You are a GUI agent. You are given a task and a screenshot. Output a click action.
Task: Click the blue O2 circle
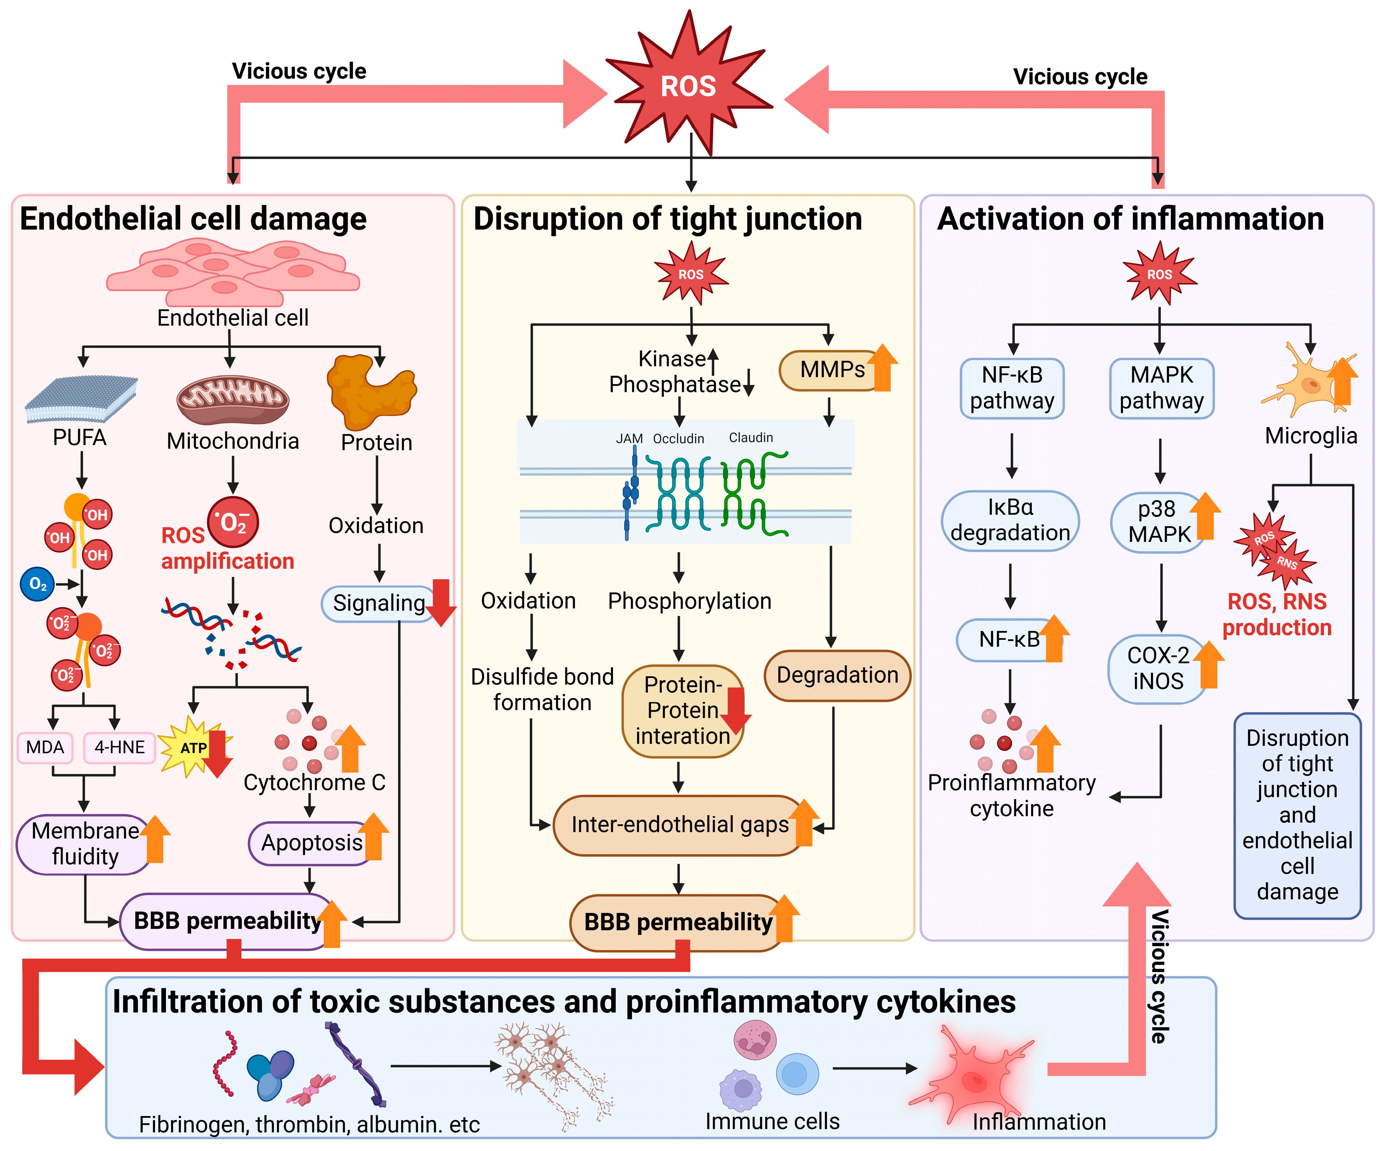coord(38,584)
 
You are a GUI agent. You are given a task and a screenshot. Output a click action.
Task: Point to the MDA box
coord(45,748)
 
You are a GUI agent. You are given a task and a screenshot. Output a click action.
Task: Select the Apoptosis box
coord(311,843)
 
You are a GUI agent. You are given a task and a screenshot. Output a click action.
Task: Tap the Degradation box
coord(837,675)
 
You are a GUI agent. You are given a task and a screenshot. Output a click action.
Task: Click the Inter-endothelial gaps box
coord(679,824)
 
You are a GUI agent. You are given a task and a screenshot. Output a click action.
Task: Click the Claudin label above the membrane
coord(751,438)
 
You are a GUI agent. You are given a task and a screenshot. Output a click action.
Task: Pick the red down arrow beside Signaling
coord(441,602)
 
